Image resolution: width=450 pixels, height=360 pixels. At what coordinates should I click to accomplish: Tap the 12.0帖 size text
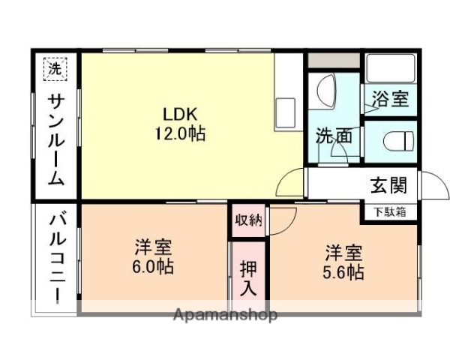pyautogui.click(x=180, y=134)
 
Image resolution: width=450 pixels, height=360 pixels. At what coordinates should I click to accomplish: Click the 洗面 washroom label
pyautogui.click(x=333, y=137)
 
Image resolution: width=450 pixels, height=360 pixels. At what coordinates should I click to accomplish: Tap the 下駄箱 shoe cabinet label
pyautogui.click(x=390, y=211)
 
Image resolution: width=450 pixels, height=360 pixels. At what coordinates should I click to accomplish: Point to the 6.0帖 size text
pyautogui.click(x=154, y=265)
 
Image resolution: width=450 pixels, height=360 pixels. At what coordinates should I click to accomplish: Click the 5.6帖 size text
pyautogui.click(x=344, y=271)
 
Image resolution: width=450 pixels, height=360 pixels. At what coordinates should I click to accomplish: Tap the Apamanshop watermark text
pyautogui.click(x=225, y=314)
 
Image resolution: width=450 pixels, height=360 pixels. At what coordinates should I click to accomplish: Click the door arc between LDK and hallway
pyautogui.click(x=291, y=182)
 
